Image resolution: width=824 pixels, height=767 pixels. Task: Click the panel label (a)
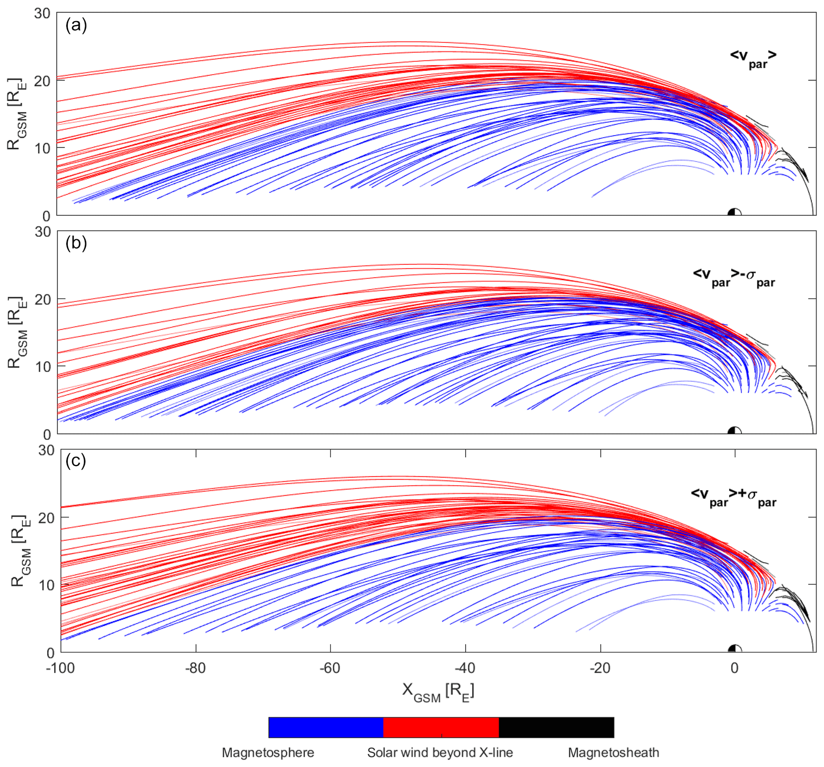tap(76, 26)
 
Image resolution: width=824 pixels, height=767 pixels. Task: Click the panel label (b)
tap(76, 243)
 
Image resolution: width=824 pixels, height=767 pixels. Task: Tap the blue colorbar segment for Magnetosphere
tap(326, 727)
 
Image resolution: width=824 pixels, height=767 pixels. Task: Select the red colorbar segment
tap(441, 727)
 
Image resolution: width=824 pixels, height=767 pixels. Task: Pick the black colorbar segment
tap(556, 727)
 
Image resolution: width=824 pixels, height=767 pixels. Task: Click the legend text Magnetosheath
tap(613, 753)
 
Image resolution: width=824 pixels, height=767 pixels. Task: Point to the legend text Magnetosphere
tap(268, 753)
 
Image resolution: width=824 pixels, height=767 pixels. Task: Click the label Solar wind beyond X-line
tap(440, 753)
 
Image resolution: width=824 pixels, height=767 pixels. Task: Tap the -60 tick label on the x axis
tap(330, 668)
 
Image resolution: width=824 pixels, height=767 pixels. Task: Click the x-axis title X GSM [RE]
tap(438, 692)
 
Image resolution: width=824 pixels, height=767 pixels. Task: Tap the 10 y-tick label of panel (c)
tap(46, 586)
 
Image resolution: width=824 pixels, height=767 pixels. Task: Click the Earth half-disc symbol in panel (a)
tap(734, 212)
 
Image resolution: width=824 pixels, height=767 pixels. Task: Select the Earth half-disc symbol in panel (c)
tap(734, 649)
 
